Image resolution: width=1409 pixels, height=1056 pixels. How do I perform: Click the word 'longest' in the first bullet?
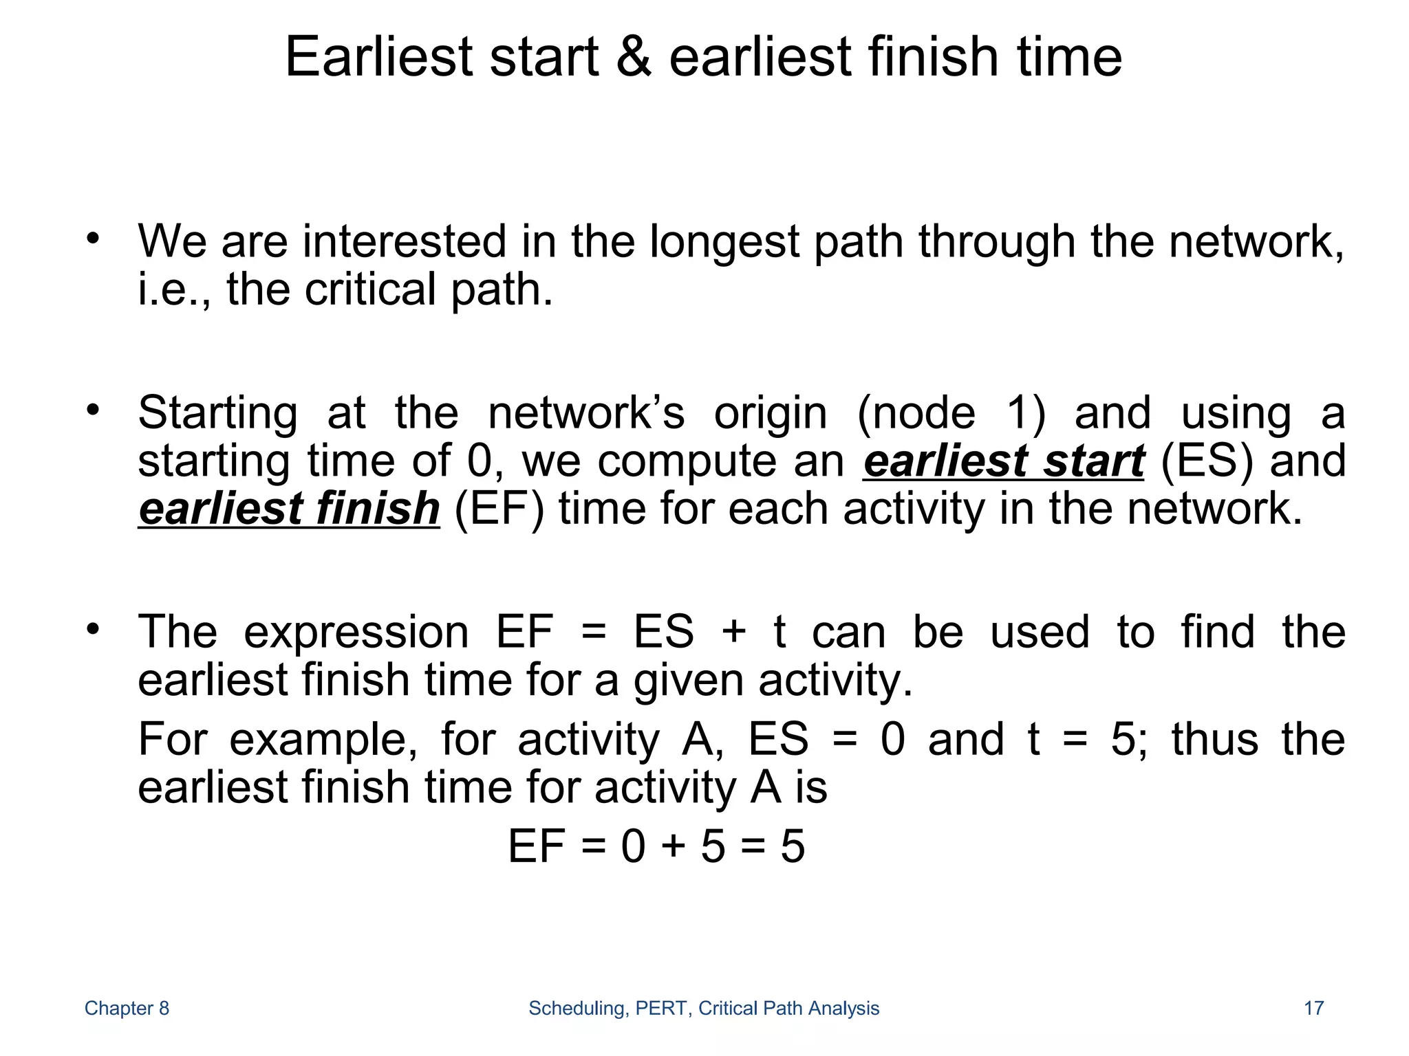[x=724, y=242]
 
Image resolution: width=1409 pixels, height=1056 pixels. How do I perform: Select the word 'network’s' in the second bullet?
[x=586, y=413]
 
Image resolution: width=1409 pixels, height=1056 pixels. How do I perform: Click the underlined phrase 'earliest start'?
[x=1003, y=461]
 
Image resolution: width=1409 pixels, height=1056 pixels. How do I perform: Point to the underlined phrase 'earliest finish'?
[x=289, y=509]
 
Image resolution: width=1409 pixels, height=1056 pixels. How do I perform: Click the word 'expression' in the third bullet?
[x=356, y=632]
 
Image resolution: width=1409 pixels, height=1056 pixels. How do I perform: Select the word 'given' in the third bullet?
[x=688, y=681]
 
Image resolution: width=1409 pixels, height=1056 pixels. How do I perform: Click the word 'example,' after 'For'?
[x=323, y=740]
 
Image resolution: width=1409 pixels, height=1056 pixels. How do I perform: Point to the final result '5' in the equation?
[x=793, y=846]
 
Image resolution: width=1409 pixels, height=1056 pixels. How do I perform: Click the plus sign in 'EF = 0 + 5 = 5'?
[x=673, y=846]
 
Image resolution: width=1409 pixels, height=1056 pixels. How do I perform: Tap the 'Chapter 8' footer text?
[x=127, y=1008]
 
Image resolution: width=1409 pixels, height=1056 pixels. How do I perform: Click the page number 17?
[x=1313, y=1008]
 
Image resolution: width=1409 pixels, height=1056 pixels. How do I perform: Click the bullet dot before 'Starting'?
[x=94, y=410]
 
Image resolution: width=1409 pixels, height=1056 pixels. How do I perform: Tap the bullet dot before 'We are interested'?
[x=94, y=239]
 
